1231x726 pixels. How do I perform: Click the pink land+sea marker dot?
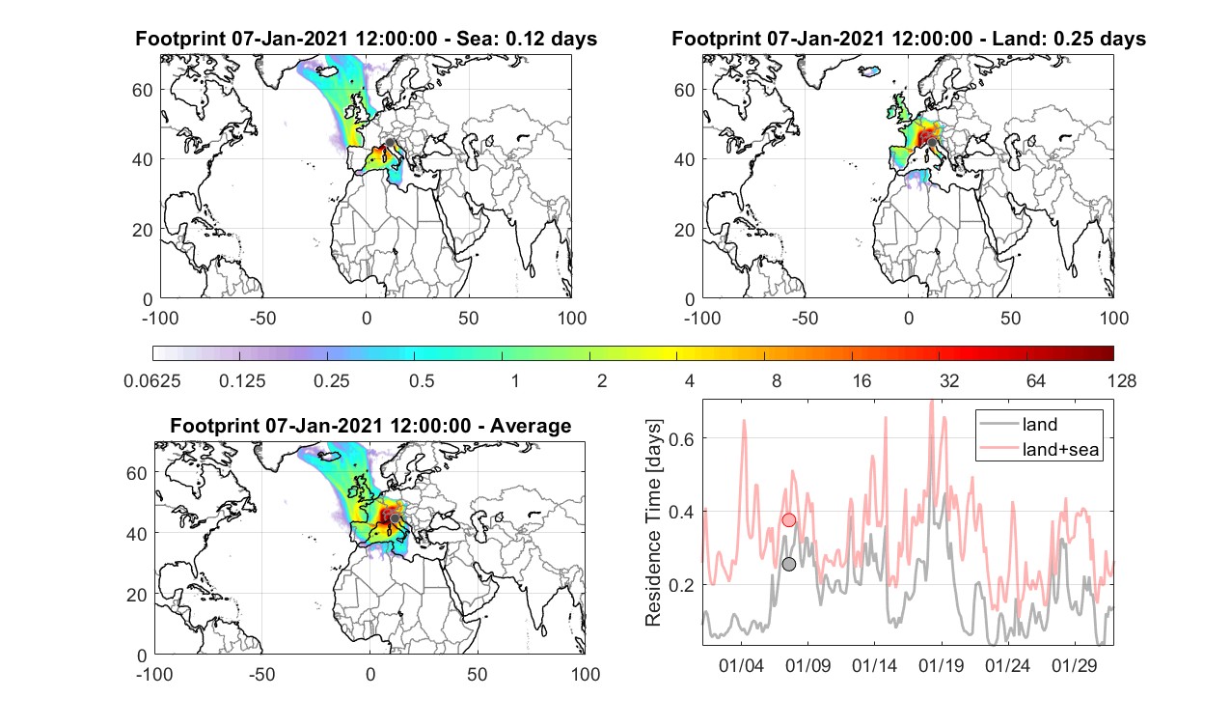[788, 519]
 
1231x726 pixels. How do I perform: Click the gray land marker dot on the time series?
[788, 565]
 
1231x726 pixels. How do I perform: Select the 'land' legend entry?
[1039, 424]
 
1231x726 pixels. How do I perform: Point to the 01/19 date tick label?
[941, 665]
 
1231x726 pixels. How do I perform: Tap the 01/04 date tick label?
[741, 665]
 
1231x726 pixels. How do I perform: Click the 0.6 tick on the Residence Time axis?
[681, 438]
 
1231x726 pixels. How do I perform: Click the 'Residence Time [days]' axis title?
[653, 523]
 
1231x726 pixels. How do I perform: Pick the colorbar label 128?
[1122, 380]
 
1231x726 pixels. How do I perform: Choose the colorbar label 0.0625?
[152, 380]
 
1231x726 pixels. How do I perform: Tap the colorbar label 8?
[776, 380]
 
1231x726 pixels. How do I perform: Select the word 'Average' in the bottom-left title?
[531, 426]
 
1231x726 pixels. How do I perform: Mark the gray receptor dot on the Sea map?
[390, 143]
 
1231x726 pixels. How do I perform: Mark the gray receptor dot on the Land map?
[932, 143]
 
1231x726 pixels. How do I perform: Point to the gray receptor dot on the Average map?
[394, 518]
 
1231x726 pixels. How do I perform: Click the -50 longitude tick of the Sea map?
[262, 319]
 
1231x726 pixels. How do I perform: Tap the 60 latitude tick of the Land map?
[684, 90]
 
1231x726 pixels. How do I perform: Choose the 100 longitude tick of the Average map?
[585, 674]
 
